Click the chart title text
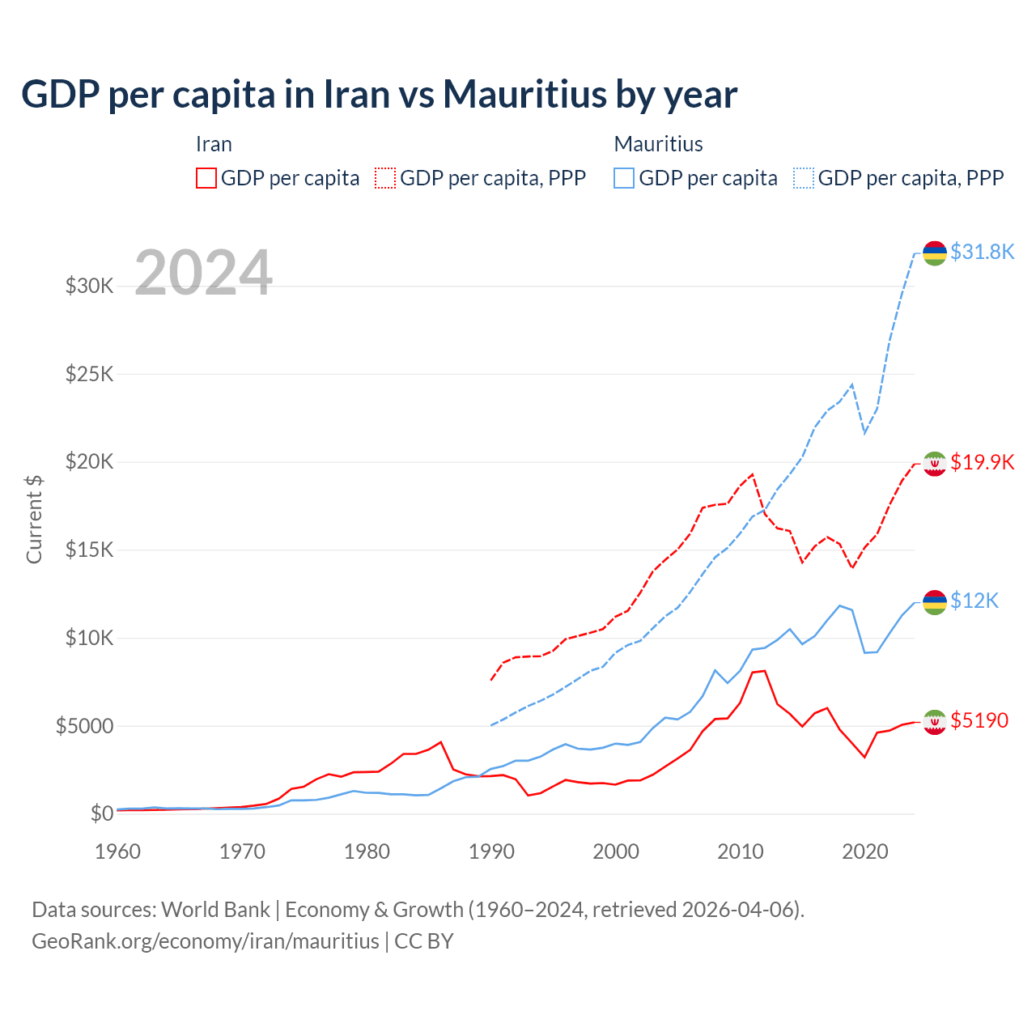click(379, 94)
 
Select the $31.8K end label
click(982, 252)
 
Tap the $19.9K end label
click(982, 462)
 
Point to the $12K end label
click(974, 601)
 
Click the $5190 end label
click(979, 720)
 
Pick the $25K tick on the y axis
click(89, 374)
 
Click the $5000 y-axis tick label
click(84, 726)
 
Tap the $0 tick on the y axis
click(101, 813)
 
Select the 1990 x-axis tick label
click(491, 851)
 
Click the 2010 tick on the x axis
click(741, 851)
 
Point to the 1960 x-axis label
click(118, 851)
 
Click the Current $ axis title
click(34, 519)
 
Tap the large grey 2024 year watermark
click(203, 273)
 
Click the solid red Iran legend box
click(206, 178)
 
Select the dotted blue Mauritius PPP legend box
click(804, 178)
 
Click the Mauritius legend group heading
click(658, 144)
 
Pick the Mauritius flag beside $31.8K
click(935, 253)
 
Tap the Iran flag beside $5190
click(935, 720)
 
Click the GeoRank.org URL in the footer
click(206, 941)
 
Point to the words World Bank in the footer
click(215, 910)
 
